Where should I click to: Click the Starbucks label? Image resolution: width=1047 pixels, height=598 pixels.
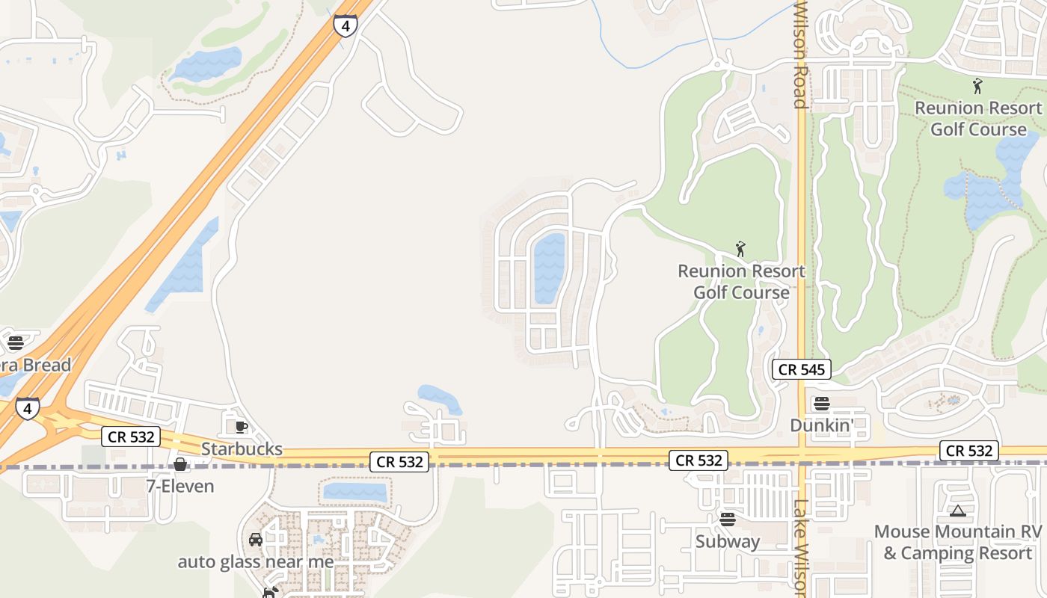pyautogui.click(x=242, y=449)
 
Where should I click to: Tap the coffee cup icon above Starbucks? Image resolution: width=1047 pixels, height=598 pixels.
pyautogui.click(x=242, y=427)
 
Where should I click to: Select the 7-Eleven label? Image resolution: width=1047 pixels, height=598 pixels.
pyautogui.click(x=179, y=486)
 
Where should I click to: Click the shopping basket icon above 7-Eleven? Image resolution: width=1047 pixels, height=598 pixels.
pyautogui.click(x=180, y=464)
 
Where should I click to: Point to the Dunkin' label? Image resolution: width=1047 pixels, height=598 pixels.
pyautogui.click(x=822, y=425)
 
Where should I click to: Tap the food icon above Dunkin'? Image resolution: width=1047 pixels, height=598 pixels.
pyautogui.click(x=822, y=404)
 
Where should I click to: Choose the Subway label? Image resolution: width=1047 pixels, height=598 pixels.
pyautogui.click(x=728, y=540)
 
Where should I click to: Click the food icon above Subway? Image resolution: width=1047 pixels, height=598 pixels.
pyautogui.click(x=728, y=519)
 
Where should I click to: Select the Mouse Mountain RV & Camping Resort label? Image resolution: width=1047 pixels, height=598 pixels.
pyautogui.click(x=957, y=542)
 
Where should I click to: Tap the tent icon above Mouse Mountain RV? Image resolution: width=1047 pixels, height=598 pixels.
pyautogui.click(x=957, y=511)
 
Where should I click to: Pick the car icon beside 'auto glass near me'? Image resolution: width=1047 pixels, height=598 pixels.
pyautogui.click(x=256, y=540)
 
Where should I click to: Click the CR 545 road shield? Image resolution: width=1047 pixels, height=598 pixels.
pyautogui.click(x=802, y=369)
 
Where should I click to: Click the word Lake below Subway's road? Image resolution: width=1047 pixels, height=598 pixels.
pyautogui.click(x=799, y=516)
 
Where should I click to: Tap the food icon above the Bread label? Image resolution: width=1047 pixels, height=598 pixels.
pyautogui.click(x=16, y=343)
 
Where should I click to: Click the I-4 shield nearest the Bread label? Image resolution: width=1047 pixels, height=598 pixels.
pyautogui.click(x=28, y=408)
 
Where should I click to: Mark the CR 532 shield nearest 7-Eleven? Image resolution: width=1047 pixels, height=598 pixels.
pyautogui.click(x=131, y=437)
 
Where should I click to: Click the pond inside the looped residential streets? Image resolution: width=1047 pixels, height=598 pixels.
pyautogui.click(x=549, y=268)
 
